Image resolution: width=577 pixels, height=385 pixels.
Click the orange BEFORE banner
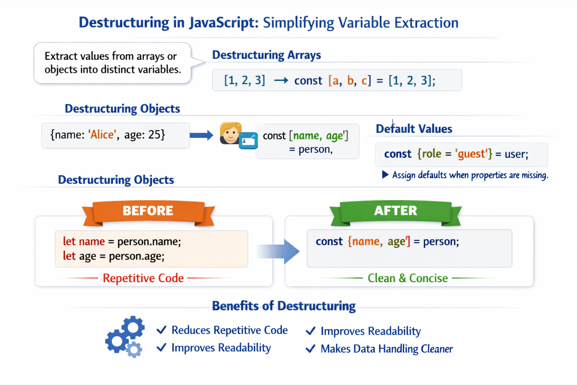click(x=148, y=211)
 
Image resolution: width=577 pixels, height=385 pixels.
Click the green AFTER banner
click(x=396, y=211)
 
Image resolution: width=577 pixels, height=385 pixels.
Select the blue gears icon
click(x=125, y=336)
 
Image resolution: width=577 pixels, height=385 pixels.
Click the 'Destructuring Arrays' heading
click(x=266, y=55)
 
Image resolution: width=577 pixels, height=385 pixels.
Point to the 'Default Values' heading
click(x=414, y=129)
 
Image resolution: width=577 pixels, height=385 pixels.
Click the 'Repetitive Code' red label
click(x=143, y=278)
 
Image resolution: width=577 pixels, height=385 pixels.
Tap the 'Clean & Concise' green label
click(x=408, y=278)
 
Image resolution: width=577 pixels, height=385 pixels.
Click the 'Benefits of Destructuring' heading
click(x=284, y=306)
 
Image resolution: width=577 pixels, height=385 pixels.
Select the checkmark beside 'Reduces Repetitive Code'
click(x=162, y=330)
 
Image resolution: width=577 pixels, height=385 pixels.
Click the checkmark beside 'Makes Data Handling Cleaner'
click(x=311, y=349)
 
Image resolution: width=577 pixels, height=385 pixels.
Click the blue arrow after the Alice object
click(x=201, y=135)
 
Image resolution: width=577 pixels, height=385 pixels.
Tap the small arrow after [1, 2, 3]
click(x=281, y=80)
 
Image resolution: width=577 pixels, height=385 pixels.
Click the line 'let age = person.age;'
click(x=113, y=256)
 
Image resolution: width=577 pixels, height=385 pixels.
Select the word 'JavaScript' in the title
click(x=223, y=23)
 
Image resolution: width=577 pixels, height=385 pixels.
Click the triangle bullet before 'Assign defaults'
click(x=385, y=175)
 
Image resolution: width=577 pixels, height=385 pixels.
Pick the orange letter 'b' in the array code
click(x=350, y=80)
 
